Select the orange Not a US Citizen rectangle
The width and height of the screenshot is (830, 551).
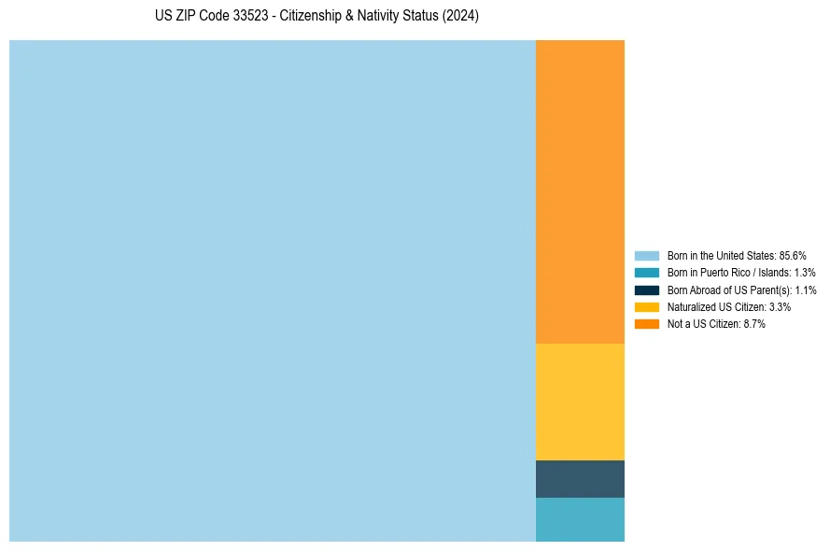(580, 191)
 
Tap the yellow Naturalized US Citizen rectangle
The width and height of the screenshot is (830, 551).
(580, 402)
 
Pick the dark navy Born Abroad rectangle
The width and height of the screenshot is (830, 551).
(580, 479)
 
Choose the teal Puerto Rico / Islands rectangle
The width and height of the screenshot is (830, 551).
(580, 519)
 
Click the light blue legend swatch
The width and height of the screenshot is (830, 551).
(647, 255)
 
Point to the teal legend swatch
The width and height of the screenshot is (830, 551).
(647, 273)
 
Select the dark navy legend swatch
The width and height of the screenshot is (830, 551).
(647, 290)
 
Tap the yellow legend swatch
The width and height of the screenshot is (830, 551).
(647, 306)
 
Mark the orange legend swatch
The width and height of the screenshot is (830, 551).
(647, 324)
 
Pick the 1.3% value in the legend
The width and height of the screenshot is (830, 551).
(805, 273)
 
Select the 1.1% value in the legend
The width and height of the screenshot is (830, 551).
(806, 290)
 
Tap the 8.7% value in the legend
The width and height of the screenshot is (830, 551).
(754, 324)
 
